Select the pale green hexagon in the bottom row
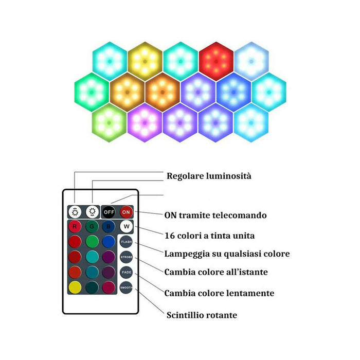(110, 122)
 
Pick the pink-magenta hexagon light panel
(145, 122)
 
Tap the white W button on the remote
(126, 226)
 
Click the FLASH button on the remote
(126, 241)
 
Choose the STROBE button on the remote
(126, 257)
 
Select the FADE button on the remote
(126, 272)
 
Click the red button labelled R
(75, 226)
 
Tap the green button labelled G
(92, 226)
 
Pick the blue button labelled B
(109, 226)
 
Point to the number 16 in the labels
(170, 235)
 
